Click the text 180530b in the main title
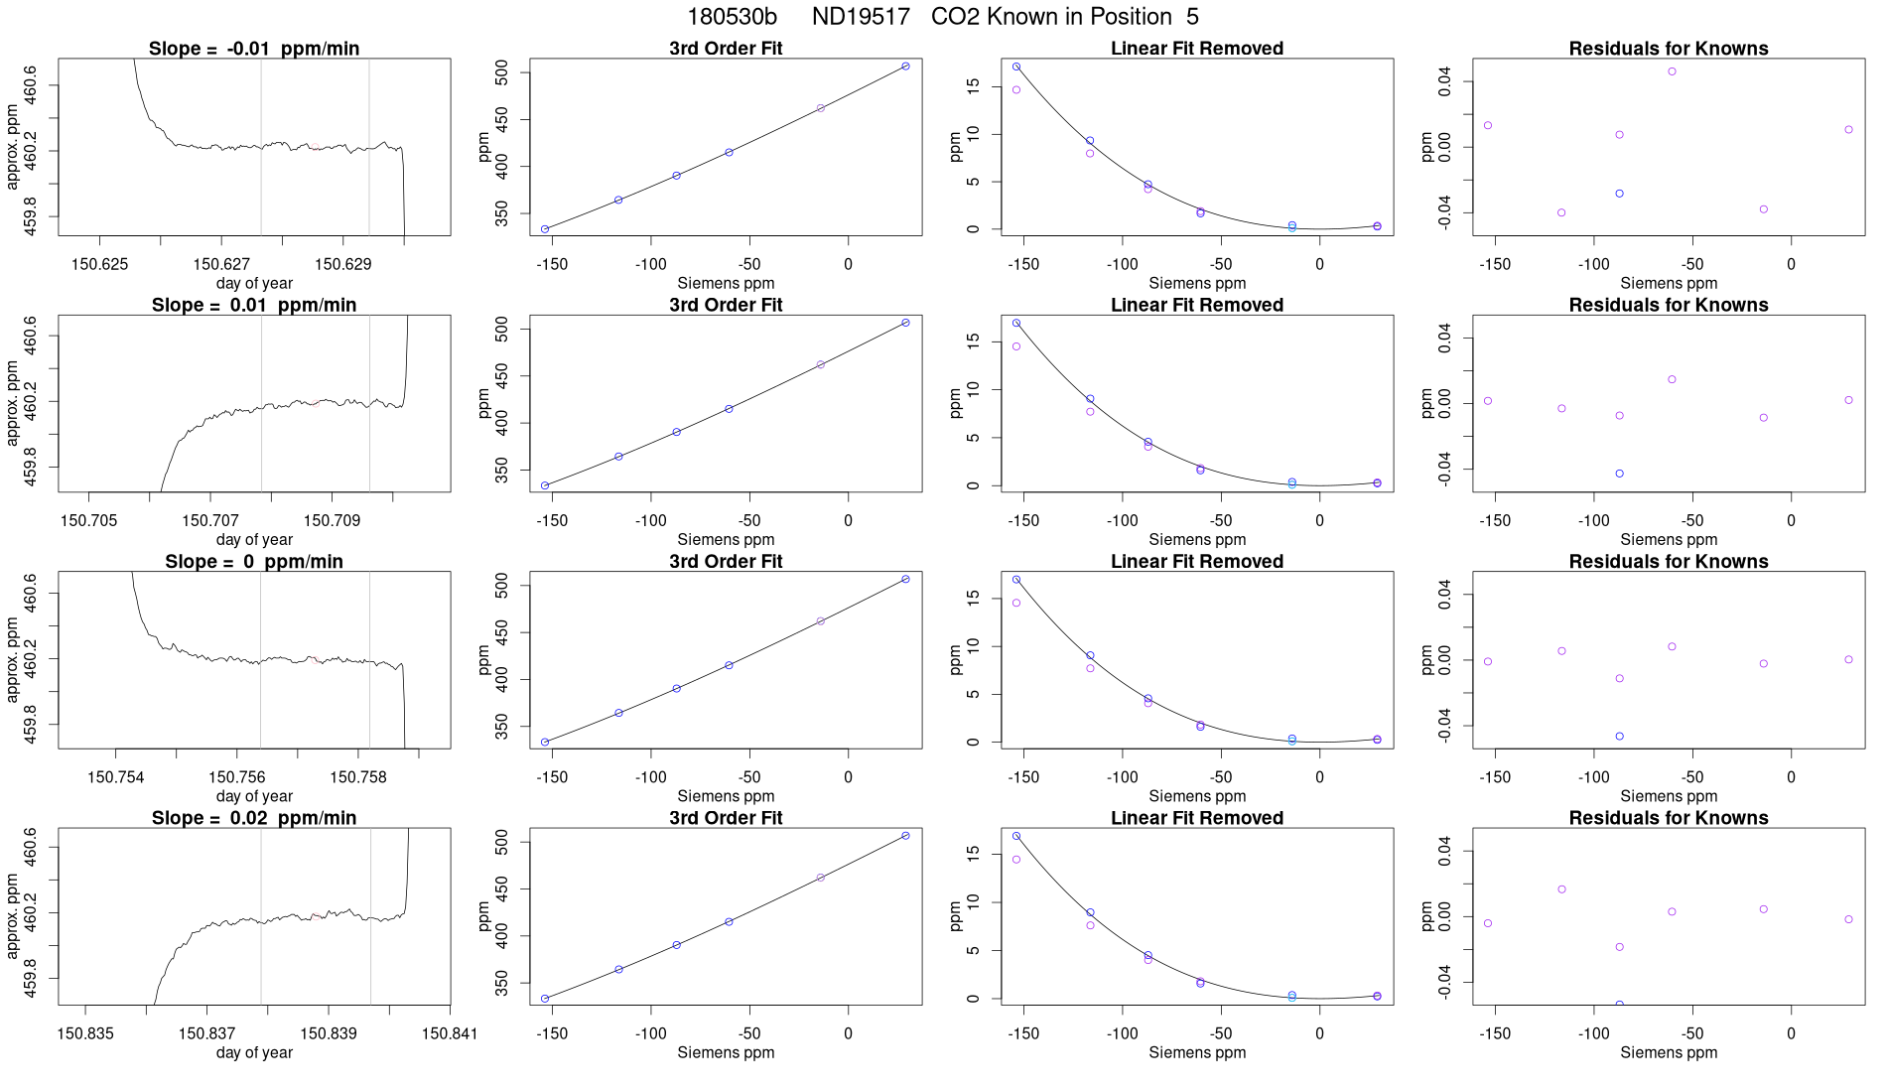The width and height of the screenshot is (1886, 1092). [x=732, y=17]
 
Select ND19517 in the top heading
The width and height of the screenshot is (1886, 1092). [x=861, y=17]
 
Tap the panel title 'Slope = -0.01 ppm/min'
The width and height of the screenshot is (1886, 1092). [x=254, y=49]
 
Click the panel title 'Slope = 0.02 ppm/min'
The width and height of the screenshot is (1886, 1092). [x=254, y=818]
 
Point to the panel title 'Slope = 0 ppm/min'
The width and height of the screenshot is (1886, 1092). [x=254, y=562]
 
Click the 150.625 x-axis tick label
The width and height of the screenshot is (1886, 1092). [x=100, y=264]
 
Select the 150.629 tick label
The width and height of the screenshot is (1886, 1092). [x=343, y=264]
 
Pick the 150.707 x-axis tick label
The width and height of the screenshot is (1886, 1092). [x=210, y=520]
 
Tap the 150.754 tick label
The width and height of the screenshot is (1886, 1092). [x=116, y=777]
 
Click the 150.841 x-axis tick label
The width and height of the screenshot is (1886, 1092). [x=450, y=1033]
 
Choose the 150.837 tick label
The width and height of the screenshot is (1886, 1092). [x=206, y=1033]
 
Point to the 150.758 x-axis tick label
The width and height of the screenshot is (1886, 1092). [x=358, y=777]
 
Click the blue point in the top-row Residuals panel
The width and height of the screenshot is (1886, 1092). [x=1619, y=194]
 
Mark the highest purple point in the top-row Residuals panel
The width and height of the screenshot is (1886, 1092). [x=1672, y=71]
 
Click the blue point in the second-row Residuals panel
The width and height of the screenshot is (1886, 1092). [x=1619, y=474]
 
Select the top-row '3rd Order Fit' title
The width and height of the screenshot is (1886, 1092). [x=726, y=49]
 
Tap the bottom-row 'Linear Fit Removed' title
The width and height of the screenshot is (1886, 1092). [x=1197, y=818]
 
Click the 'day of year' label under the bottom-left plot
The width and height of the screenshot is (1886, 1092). [x=254, y=1052]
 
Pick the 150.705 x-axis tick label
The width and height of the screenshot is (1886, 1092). [x=88, y=520]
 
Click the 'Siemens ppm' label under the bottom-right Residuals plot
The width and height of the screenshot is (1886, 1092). [x=1669, y=1052]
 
